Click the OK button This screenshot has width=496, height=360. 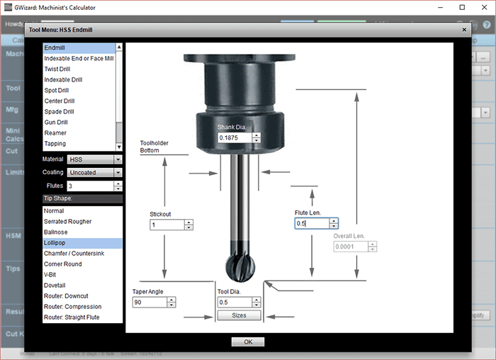tap(247, 342)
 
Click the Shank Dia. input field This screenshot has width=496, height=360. tap(234, 137)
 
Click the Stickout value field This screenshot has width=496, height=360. tap(167, 225)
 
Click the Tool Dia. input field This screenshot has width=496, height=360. tap(234, 302)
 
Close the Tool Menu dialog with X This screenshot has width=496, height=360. tap(464, 30)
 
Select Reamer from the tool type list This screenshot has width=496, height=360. tap(55, 133)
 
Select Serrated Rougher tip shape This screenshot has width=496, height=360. tap(67, 222)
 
